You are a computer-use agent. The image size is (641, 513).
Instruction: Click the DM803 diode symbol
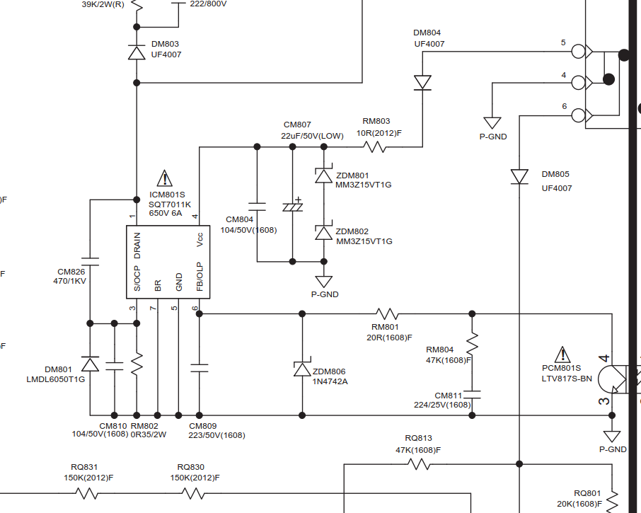point(137,53)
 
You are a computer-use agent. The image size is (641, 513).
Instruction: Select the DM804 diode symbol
point(422,83)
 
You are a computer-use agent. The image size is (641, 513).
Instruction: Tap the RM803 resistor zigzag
point(374,146)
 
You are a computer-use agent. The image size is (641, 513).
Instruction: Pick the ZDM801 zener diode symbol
point(324,175)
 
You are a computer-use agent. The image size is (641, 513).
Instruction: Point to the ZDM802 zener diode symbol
point(324,233)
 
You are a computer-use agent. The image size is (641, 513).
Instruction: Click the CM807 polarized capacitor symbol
point(293,206)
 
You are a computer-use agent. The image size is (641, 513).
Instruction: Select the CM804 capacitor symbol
point(257,207)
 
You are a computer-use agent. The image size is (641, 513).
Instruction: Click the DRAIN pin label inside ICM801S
point(137,246)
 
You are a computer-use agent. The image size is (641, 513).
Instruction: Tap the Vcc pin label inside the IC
point(200,240)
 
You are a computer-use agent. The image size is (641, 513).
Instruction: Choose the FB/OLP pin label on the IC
point(200,277)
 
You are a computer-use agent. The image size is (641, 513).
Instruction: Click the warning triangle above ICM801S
point(164,178)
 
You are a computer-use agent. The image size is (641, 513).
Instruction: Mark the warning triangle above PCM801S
point(562,355)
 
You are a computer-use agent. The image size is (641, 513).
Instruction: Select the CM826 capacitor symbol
point(90,262)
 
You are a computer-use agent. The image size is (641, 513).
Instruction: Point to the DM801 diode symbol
point(90,364)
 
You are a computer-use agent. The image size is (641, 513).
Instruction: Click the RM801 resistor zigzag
point(387,314)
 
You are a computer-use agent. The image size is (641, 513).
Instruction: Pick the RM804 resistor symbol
point(472,344)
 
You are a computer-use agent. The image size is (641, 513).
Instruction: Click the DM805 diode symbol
point(519,177)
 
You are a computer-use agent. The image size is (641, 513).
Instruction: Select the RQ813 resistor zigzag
point(419,464)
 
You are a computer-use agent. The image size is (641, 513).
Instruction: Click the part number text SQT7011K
point(170,204)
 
